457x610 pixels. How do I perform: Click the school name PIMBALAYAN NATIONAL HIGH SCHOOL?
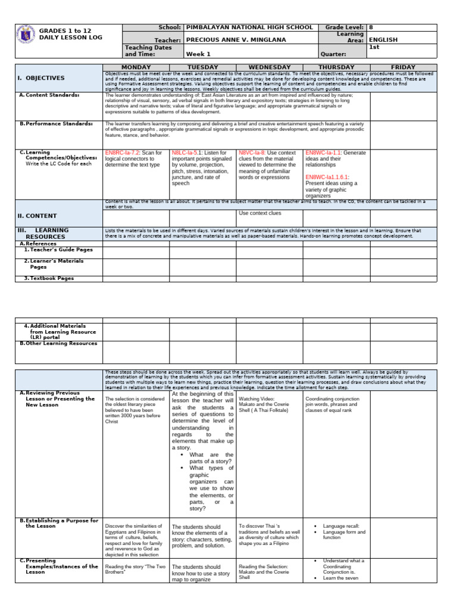point(249,27)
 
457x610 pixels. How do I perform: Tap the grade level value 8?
point(371,27)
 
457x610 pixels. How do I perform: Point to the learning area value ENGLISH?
point(384,40)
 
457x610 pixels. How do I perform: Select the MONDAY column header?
point(136,67)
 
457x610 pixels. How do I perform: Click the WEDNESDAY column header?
point(269,67)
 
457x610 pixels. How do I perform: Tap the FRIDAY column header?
point(403,67)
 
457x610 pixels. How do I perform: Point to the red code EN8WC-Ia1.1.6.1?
point(327,177)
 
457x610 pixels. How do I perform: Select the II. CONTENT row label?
point(37,216)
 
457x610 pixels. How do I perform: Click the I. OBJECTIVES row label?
point(40,78)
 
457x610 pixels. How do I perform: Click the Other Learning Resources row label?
point(58,343)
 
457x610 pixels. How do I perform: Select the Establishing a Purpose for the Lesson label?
point(60,523)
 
